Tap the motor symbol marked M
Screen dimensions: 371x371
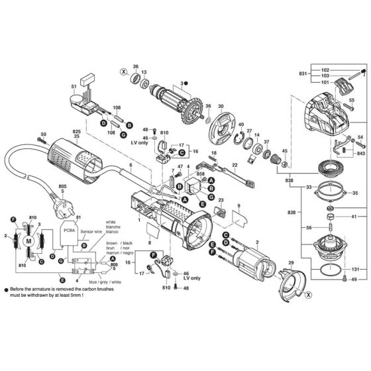pos(28,242)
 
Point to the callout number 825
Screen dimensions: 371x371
pos(76,132)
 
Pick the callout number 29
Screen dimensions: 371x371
pos(289,264)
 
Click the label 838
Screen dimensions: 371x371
pos(290,180)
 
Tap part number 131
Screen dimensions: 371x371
pos(355,270)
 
